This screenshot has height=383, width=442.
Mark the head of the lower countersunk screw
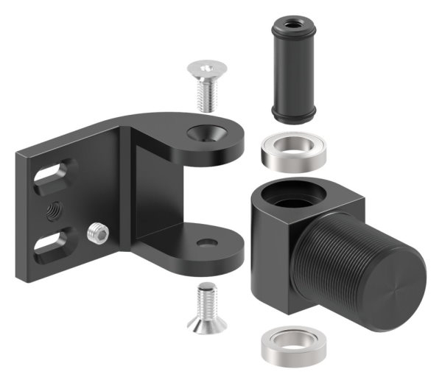[x=206, y=325]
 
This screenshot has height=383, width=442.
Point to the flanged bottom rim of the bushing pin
[x=293, y=114]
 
